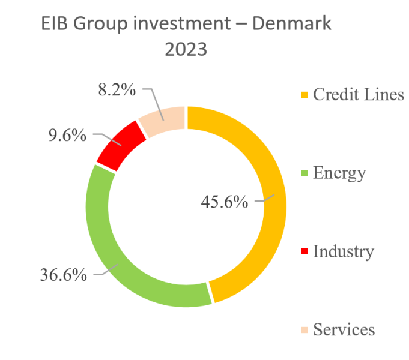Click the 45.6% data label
click(x=224, y=202)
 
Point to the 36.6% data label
click(x=63, y=275)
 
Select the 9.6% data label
click(x=67, y=135)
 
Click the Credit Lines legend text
click(x=359, y=94)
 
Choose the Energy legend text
click(x=339, y=173)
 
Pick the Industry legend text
click(x=343, y=251)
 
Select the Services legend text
click(x=344, y=329)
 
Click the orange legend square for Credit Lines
click(x=304, y=95)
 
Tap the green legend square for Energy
click(x=304, y=174)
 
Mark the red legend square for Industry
click(x=304, y=252)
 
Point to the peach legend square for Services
click(x=304, y=330)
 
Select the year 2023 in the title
click(x=186, y=50)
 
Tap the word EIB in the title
click(x=55, y=25)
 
